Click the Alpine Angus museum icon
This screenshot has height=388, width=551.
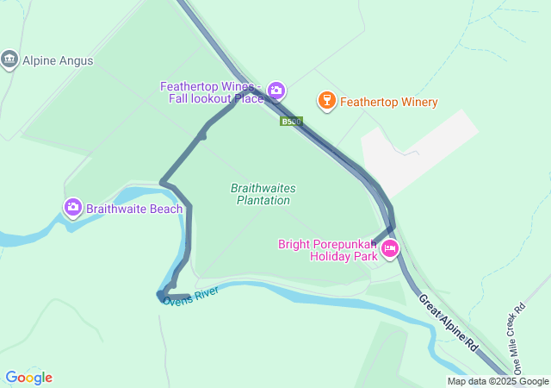9,59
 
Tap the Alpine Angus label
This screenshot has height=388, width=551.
57,61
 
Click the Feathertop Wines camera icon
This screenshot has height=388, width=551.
275,90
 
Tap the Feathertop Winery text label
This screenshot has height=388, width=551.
388,103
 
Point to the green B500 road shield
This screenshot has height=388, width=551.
291,122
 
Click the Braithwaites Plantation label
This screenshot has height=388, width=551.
261,194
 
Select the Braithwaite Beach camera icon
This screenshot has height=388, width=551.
73,207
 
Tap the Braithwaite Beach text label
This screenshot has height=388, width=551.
133,209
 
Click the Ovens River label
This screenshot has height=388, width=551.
190,295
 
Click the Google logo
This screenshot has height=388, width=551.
28,377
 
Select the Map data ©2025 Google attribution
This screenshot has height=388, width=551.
498,381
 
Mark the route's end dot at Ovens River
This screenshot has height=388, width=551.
161,295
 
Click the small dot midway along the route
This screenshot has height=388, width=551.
202,135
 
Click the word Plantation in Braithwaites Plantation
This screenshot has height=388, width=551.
263,201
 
